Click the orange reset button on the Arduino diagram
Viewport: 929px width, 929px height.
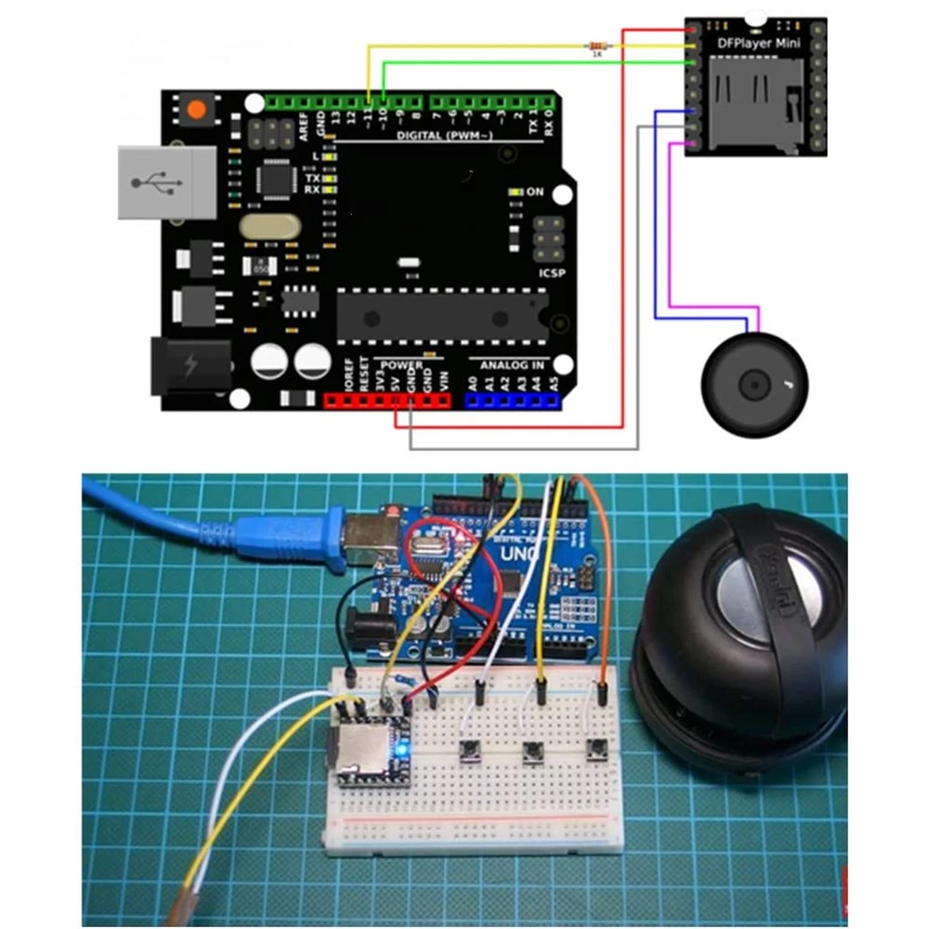click(x=197, y=111)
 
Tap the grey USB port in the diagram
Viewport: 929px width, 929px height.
click(x=154, y=182)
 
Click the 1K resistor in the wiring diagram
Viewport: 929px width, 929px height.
click(x=596, y=45)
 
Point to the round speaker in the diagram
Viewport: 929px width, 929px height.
click(x=754, y=381)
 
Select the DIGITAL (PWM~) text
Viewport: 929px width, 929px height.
click(x=444, y=137)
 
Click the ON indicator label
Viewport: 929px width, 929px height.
click(x=535, y=191)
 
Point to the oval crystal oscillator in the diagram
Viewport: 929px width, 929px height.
click(x=269, y=226)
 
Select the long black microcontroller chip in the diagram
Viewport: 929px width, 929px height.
click(x=441, y=313)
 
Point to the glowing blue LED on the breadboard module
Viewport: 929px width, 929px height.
click(x=403, y=749)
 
